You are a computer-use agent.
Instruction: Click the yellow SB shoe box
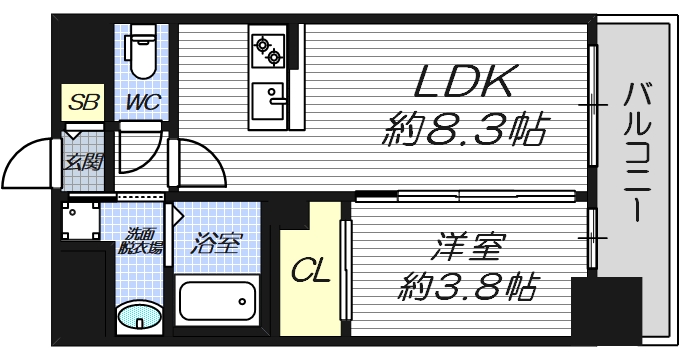(x=80, y=102)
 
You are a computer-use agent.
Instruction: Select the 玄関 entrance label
(x=81, y=161)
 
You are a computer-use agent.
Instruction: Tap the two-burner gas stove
(x=269, y=49)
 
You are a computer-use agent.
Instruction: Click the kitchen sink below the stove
(x=269, y=100)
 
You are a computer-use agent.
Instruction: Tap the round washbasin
(x=138, y=319)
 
